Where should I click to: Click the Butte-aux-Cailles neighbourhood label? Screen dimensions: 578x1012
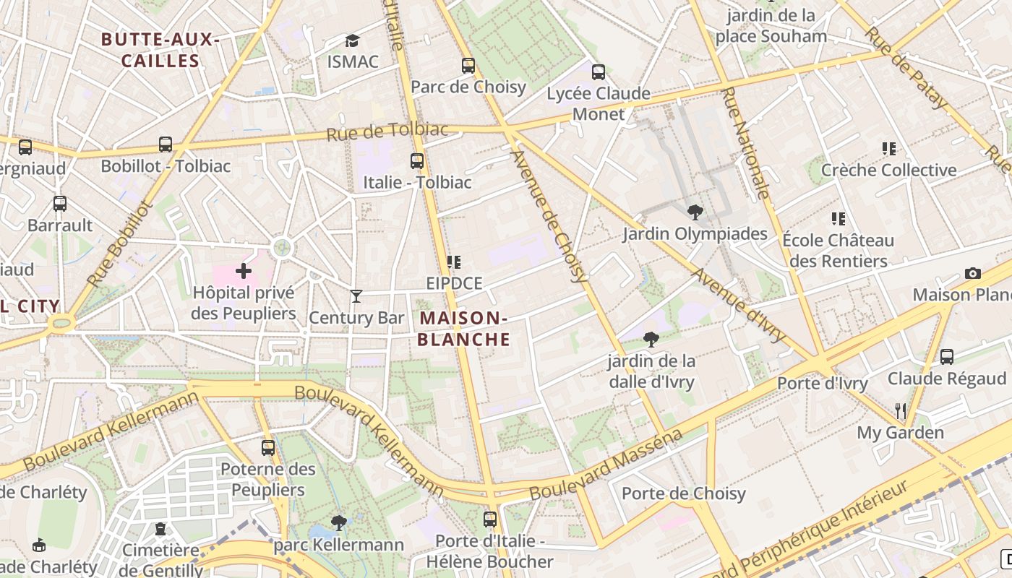(x=160, y=50)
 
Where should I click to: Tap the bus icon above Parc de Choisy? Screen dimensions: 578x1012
(x=468, y=66)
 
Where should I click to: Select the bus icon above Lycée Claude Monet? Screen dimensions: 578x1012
(x=599, y=72)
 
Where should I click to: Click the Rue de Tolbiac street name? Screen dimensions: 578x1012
(x=387, y=131)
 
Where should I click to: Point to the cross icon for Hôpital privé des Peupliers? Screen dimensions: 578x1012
(x=244, y=271)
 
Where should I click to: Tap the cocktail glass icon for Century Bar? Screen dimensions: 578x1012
(x=356, y=296)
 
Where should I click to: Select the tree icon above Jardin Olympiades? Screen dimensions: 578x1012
(x=695, y=212)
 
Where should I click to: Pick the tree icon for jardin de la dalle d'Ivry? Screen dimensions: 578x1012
(x=651, y=339)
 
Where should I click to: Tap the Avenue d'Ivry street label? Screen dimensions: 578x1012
(x=739, y=305)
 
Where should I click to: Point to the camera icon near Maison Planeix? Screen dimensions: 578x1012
(x=973, y=273)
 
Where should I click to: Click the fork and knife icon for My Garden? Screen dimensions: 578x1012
(x=901, y=411)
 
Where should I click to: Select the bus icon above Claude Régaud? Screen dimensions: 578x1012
(x=947, y=357)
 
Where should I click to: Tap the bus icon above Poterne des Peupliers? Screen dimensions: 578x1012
(x=268, y=447)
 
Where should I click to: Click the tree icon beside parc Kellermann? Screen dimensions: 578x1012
(x=338, y=522)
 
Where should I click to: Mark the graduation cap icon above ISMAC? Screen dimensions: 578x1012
(x=352, y=40)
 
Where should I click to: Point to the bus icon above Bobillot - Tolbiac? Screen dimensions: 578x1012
(x=166, y=144)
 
